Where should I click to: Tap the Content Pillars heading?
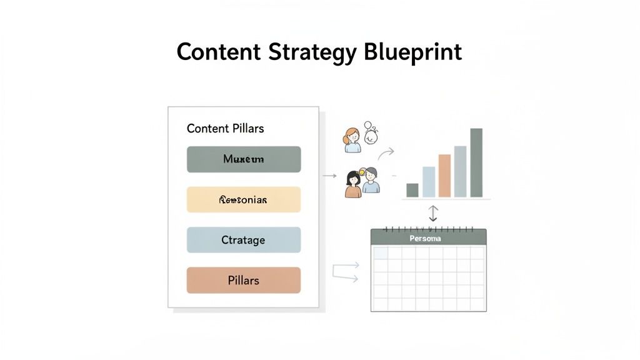225,128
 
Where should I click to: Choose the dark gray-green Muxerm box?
244,159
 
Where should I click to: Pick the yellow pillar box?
244,200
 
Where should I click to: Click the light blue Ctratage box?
244,240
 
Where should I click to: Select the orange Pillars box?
244,280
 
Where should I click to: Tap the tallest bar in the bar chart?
476,162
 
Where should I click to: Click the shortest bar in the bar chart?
412,190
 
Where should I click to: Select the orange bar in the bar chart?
444,176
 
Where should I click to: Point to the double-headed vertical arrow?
433,213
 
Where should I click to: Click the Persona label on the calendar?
425,239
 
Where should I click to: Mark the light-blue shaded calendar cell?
380,252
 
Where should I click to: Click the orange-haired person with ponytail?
352,140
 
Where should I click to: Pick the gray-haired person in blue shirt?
371,181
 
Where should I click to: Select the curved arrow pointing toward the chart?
386,154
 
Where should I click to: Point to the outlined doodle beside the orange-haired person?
371,132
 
